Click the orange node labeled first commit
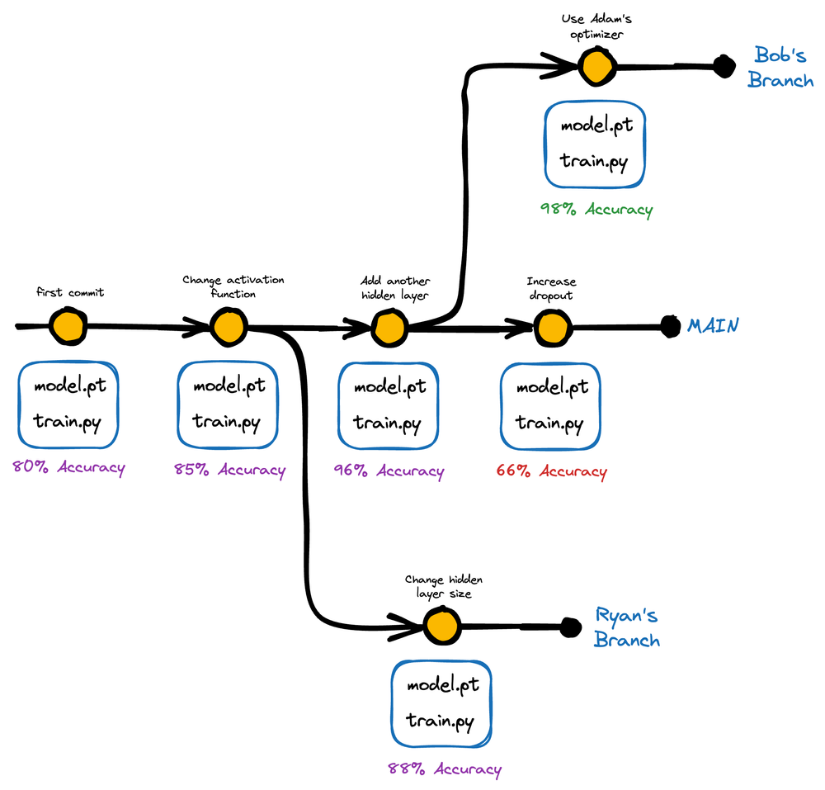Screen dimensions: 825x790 click(68, 327)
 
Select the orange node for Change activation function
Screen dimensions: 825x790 click(229, 328)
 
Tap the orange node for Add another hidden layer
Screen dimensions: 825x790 click(390, 329)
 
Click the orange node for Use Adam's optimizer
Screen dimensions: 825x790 click(596, 67)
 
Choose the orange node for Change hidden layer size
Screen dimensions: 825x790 click(442, 626)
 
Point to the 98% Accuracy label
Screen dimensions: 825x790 click(596, 210)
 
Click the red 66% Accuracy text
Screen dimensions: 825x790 click(551, 471)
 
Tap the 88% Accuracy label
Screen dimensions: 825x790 click(445, 769)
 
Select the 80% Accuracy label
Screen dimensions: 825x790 click(69, 467)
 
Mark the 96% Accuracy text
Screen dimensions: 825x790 click(389, 471)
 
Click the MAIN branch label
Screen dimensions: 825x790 click(713, 326)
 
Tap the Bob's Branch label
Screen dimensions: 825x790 click(780, 67)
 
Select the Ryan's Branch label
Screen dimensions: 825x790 click(627, 627)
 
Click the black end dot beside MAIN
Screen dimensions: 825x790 click(670, 326)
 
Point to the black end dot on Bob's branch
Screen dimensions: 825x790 click(724, 66)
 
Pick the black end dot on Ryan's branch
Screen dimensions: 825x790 click(570, 627)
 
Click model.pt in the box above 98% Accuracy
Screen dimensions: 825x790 click(596, 125)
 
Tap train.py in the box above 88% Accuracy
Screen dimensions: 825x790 click(440, 721)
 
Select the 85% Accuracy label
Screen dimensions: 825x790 click(230, 470)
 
